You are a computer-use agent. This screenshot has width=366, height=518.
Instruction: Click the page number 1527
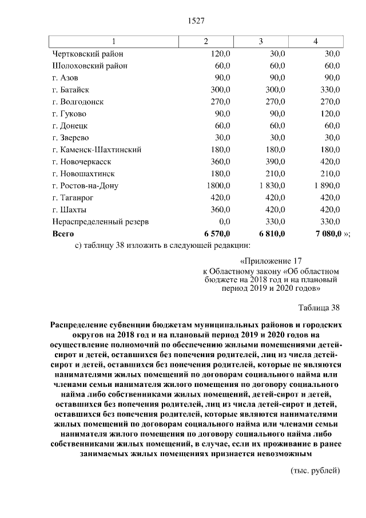tap(196, 21)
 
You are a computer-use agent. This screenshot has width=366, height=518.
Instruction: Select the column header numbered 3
tap(261, 41)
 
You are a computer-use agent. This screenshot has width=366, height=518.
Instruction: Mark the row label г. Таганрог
tap(74, 198)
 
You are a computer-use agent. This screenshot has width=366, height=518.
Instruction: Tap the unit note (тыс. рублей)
tap(315, 470)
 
